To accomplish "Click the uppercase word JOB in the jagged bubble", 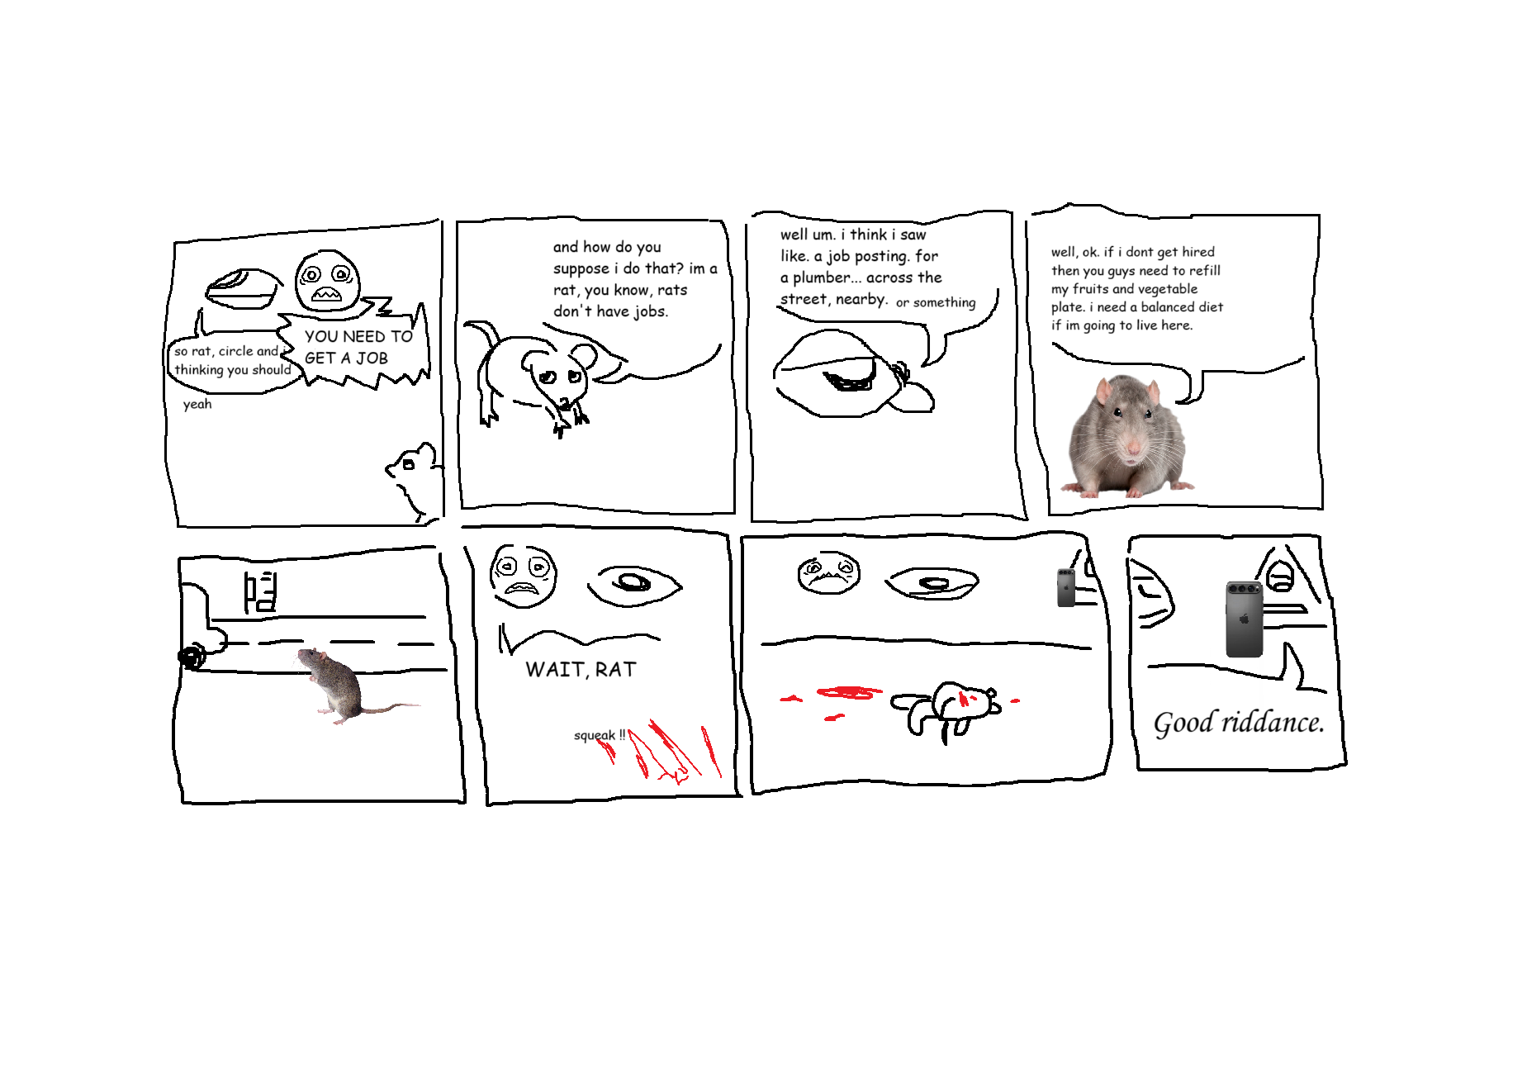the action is pyautogui.click(x=372, y=358).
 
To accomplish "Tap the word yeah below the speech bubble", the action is pyautogui.click(x=197, y=404).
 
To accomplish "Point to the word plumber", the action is pyautogui.click(x=821, y=278).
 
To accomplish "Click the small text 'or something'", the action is pyautogui.click(x=936, y=303).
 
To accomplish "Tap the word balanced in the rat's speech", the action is pyautogui.click(x=1168, y=307).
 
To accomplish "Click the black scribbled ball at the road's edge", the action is pyautogui.click(x=192, y=657).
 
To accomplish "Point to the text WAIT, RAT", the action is pyautogui.click(x=581, y=670).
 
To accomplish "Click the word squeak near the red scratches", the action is pyautogui.click(x=595, y=735).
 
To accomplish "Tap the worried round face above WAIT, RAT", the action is pyautogui.click(x=523, y=576).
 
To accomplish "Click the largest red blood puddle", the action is pyautogui.click(x=849, y=692).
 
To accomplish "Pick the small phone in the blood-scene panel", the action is pyautogui.click(x=1067, y=587).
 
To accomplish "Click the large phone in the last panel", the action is pyautogui.click(x=1245, y=619).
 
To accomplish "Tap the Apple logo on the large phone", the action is pyautogui.click(x=1245, y=619).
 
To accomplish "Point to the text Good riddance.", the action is pyautogui.click(x=1239, y=723).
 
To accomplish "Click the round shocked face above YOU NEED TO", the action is pyautogui.click(x=328, y=281).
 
